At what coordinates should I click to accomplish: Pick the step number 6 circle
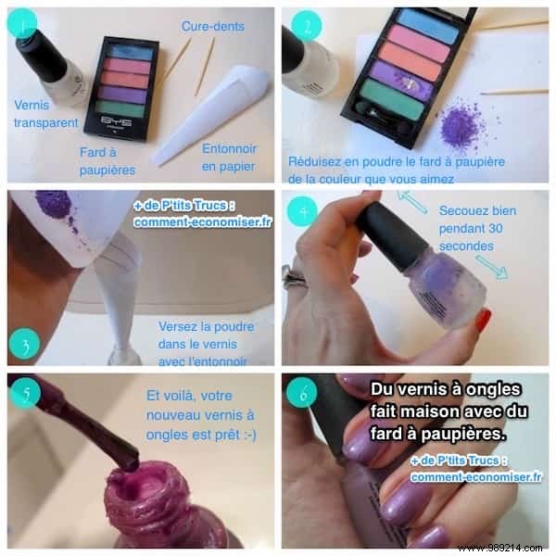pos(302,391)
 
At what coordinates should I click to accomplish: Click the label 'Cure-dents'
pos(213,26)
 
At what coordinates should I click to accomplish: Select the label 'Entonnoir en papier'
pos(229,157)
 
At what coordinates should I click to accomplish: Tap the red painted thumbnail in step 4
pos(482,322)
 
